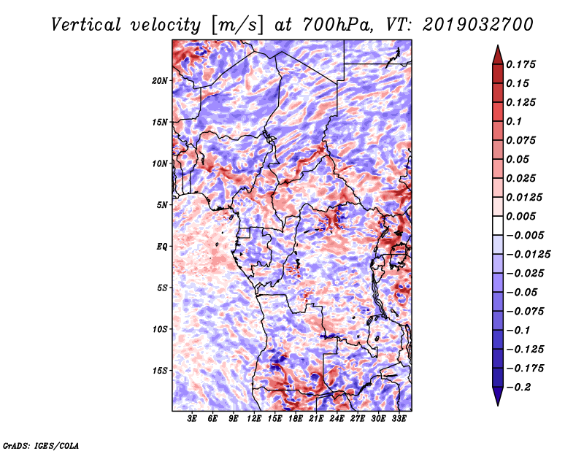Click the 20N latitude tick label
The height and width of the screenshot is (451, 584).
click(x=160, y=80)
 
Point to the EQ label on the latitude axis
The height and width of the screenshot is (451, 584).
click(x=162, y=246)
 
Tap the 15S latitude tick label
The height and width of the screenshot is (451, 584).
click(x=160, y=370)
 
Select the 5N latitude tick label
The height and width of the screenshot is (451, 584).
click(x=162, y=204)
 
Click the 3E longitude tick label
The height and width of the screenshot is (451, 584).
click(x=193, y=420)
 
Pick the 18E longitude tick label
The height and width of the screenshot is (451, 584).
click(x=296, y=420)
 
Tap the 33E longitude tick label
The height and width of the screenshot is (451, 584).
click(x=399, y=420)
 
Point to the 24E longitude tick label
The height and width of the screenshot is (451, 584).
click(x=337, y=420)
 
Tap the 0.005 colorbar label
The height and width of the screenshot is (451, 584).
click(x=523, y=216)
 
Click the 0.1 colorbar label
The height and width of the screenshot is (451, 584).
click(x=514, y=121)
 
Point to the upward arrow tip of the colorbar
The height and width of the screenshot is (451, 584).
click(x=497, y=47)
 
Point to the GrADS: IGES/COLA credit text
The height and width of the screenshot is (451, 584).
click(x=40, y=444)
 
